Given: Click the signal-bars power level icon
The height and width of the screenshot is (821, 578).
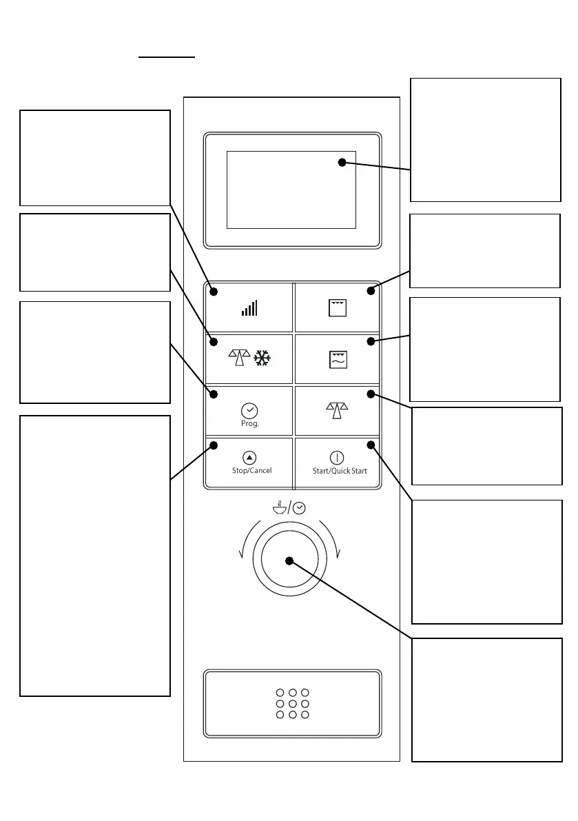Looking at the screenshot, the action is pyautogui.click(x=249, y=307).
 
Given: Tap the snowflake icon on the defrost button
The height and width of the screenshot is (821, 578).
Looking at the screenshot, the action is pyautogui.click(x=262, y=358).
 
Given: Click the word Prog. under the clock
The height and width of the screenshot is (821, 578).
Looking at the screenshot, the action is pyautogui.click(x=249, y=424).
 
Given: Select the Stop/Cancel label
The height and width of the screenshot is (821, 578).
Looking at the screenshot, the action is pyautogui.click(x=251, y=471).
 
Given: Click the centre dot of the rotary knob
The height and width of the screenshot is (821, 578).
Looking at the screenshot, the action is pyautogui.click(x=289, y=560).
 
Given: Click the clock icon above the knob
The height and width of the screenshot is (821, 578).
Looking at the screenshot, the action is pyautogui.click(x=299, y=508).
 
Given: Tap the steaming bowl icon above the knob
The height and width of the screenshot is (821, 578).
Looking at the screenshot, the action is pyautogui.click(x=279, y=508).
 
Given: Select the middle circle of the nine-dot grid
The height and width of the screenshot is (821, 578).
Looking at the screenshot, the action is pyautogui.click(x=292, y=704).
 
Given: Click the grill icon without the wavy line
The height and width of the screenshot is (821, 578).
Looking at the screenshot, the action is pyautogui.click(x=338, y=307).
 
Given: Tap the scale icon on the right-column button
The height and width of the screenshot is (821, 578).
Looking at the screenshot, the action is pyautogui.click(x=338, y=409).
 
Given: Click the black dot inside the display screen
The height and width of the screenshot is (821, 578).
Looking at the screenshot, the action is pyautogui.click(x=342, y=162).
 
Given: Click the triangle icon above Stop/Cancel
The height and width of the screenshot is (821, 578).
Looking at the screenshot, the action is pyautogui.click(x=249, y=457).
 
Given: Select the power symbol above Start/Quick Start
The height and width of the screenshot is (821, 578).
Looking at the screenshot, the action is pyautogui.click(x=337, y=458).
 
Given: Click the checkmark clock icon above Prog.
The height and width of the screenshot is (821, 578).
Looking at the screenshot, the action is pyautogui.click(x=249, y=411).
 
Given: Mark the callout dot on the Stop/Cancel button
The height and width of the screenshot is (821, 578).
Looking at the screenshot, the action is pyautogui.click(x=214, y=445).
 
